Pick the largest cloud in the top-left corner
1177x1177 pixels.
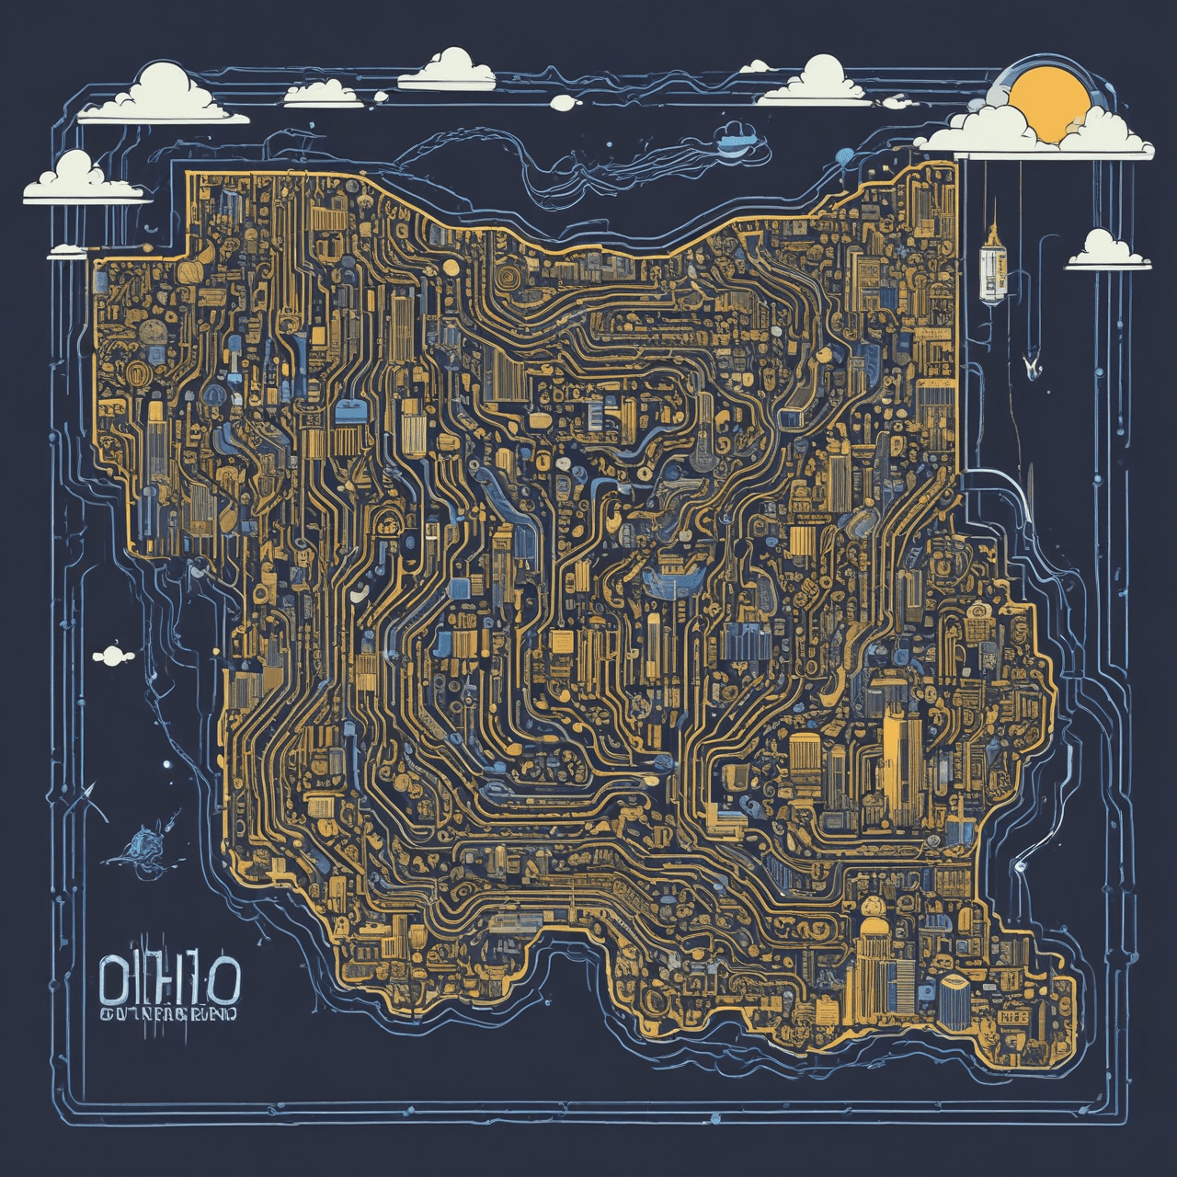pyautogui.click(x=166, y=97)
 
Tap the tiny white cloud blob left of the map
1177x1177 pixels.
pyautogui.click(x=110, y=655)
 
